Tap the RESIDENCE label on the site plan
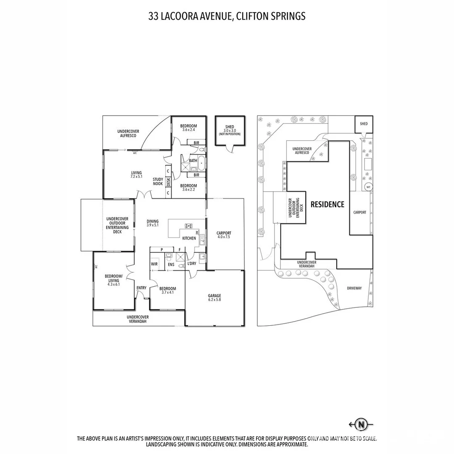coord(327,204)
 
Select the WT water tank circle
coord(368,187)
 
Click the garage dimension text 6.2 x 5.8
coord(214,300)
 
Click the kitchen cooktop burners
coord(189,226)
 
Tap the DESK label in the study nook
coord(168,182)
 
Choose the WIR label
coord(154,264)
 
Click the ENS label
coord(171,265)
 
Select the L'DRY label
coord(192,264)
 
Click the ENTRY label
coord(141,288)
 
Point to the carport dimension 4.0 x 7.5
coord(224,237)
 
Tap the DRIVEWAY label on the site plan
coord(354,288)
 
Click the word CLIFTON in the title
coord(252,16)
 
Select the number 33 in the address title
coord(153,16)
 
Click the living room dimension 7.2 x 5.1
coord(136,176)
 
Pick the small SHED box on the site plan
coord(364,124)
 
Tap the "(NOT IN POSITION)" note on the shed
coord(230,134)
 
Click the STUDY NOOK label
coord(158,182)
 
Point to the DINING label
coord(153,222)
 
